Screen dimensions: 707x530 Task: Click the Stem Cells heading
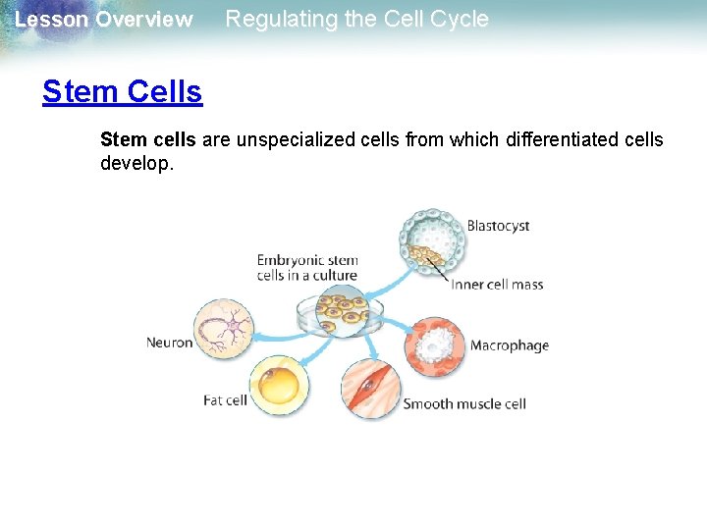point(122,92)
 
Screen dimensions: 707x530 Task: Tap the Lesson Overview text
point(103,20)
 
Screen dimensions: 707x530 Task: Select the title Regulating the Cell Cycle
point(356,20)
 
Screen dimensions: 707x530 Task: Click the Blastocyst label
point(498,226)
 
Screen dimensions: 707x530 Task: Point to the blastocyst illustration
point(429,240)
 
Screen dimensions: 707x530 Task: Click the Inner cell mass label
point(497,285)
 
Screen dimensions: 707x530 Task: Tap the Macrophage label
point(509,345)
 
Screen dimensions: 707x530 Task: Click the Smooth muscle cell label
point(464,403)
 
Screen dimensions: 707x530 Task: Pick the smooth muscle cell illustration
point(371,390)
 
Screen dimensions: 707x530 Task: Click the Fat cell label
point(225,400)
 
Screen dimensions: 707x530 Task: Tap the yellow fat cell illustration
point(279,385)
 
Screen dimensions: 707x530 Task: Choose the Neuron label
point(169,343)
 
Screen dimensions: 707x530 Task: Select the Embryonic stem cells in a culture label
point(307,268)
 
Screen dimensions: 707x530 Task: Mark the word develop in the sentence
point(136,163)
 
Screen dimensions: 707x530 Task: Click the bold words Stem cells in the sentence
point(148,139)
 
